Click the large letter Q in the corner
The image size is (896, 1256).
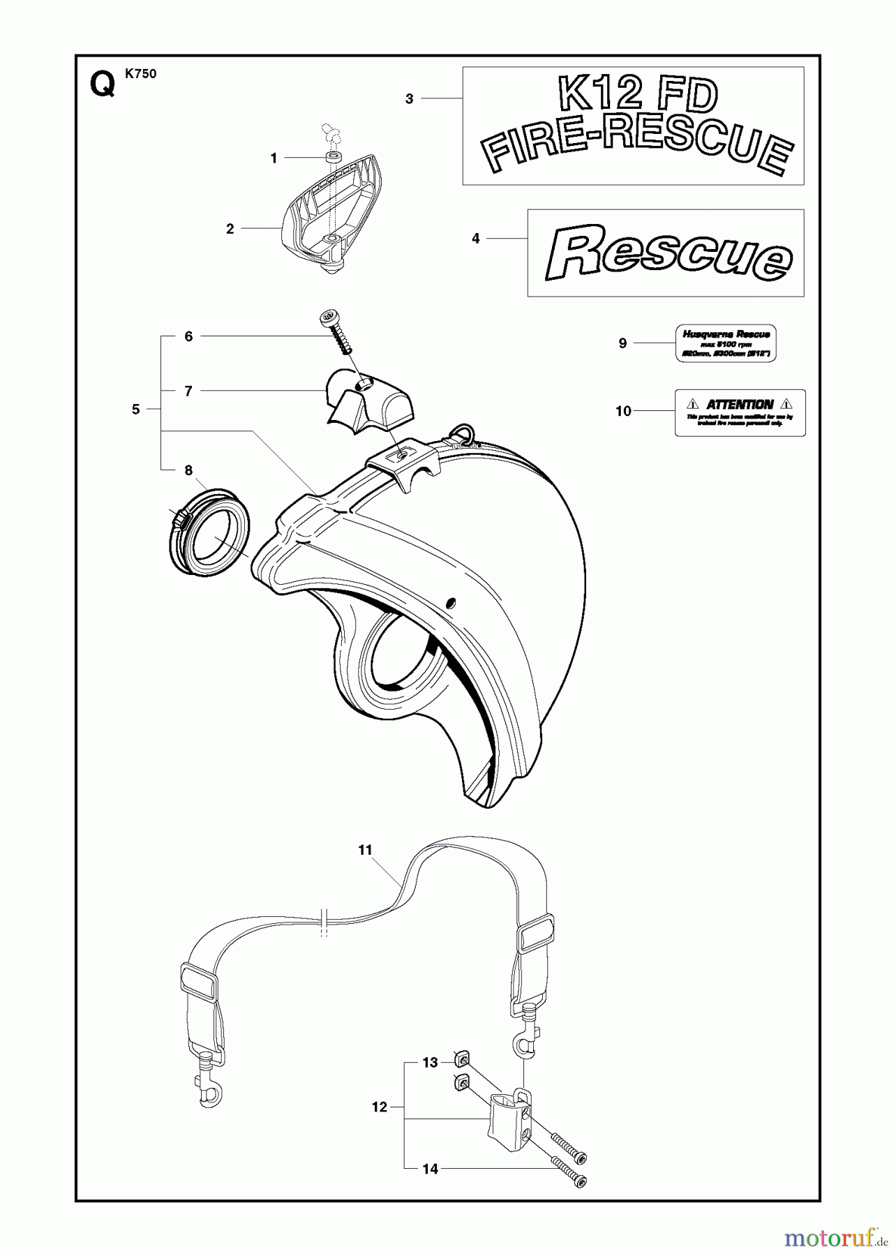coord(103,87)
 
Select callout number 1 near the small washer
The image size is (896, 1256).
coord(274,158)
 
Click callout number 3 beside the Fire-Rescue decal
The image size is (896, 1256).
coord(410,99)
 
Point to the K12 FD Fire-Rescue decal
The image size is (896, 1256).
coord(634,126)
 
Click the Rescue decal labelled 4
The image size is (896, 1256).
coord(666,253)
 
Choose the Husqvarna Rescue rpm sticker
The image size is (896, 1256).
coord(726,343)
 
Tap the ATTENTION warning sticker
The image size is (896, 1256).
coord(740,413)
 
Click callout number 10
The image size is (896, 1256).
coord(623,411)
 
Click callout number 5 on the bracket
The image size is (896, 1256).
coord(136,410)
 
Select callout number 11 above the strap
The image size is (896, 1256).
coord(366,850)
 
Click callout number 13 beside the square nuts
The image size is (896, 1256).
coord(430,1063)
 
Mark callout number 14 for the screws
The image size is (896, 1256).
coord(431,1169)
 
